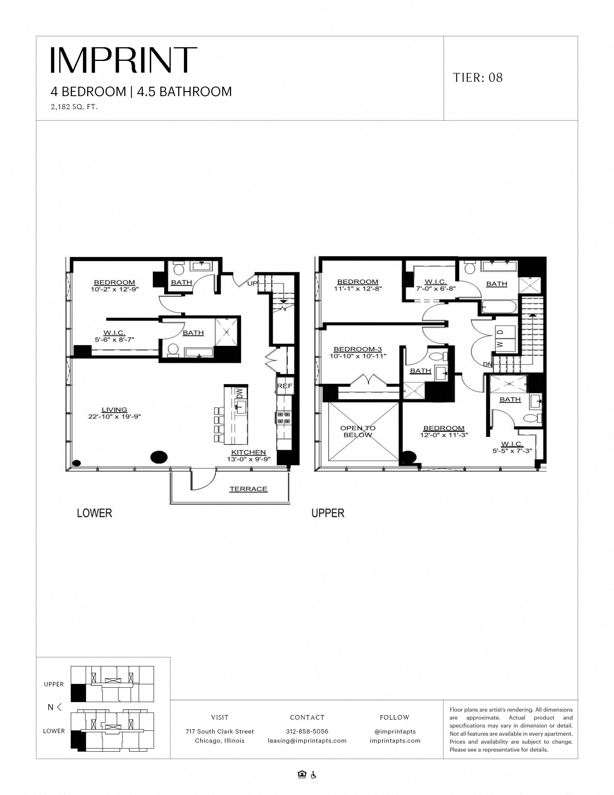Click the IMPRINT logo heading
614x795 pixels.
click(x=124, y=60)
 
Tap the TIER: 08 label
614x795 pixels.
click(x=478, y=78)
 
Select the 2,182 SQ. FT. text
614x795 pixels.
click(x=74, y=107)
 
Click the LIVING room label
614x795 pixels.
click(x=114, y=410)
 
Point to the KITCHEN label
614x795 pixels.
click(x=248, y=452)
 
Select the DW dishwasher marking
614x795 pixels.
click(x=239, y=393)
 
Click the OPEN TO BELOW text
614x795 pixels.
click(x=358, y=431)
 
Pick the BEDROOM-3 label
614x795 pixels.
click(x=358, y=349)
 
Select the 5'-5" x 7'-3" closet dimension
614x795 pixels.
click(x=512, y=451)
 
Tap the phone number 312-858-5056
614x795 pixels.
click(x=307, y=731)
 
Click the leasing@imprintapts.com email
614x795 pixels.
click(x=307, y=741)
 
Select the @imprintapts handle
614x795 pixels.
click(x=395, y=731)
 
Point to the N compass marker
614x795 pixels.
click(x=51, y=707)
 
